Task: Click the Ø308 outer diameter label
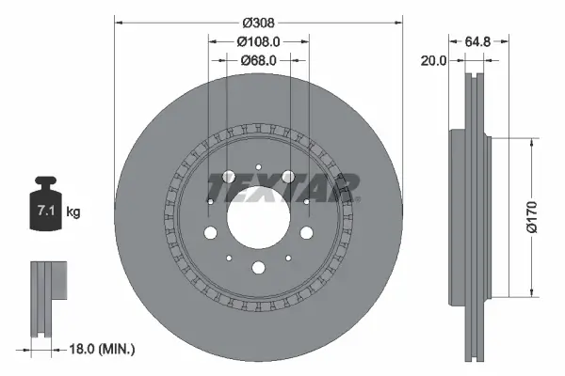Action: click(x=257, y=21)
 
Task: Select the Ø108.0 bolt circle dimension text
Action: click(x=257, y=42)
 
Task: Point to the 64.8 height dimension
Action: click(x=478, y=42)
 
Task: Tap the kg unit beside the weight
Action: click(x=73, y=212)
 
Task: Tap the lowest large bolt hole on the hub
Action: click(x=257, y=266)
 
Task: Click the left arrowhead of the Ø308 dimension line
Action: click(x=119, y=21)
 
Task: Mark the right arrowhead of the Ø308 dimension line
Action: click(x=399, y=21)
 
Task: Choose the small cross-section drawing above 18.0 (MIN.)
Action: click(x=46, y=295)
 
